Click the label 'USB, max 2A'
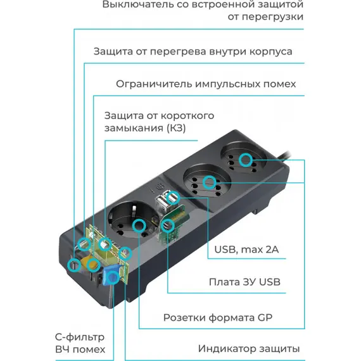(x=246, y=250)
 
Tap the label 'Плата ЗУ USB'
(x=244, y=282)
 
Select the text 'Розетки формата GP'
(x=218, y=318)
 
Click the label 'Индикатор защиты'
(x=249, y=349)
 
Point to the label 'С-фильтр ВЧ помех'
(x=80, y=343)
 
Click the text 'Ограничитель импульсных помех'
(x=206, y=84)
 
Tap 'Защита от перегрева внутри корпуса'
(x=193, y=51)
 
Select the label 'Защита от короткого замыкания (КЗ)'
(x=159, y=122)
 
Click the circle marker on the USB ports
(x=173, y=198)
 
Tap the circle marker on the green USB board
(x=168, y=225)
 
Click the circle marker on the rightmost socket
(x=246, y=160)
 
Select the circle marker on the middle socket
(x=209, y=182)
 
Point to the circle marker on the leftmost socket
(x=139, y=225)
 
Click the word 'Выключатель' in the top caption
(x=138, y=4)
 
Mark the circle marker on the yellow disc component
(x=93, y=265)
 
